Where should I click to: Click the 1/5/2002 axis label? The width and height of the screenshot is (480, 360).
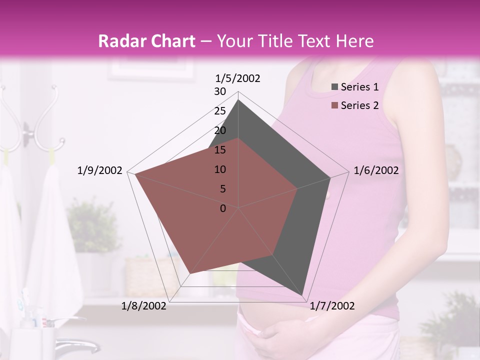(238, 78)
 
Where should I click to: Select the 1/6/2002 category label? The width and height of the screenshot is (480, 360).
(376, 170)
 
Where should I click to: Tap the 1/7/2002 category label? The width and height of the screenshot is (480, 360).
(332, 306)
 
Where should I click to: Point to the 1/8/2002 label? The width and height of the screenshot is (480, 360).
(144, 306)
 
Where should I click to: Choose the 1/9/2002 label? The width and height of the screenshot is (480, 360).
(99, 170)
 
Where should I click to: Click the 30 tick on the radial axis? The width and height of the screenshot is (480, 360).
(220, 91)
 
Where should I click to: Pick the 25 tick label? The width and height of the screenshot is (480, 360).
(220, 111)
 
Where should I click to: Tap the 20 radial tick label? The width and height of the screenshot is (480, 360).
(220, 130)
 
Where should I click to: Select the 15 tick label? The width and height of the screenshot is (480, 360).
(220, 150)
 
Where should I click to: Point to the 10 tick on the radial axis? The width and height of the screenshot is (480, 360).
(220, 169)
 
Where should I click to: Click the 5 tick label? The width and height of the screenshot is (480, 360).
(222, 189)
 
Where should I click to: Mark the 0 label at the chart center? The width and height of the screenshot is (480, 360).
(222, 208)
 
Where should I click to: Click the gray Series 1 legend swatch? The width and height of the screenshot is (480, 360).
(334, 87)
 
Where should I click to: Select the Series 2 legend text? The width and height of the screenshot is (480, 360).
(359, 105)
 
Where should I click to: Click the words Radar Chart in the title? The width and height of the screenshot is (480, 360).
(146, 41)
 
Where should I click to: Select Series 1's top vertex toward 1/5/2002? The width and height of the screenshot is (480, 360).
(238, 100)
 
